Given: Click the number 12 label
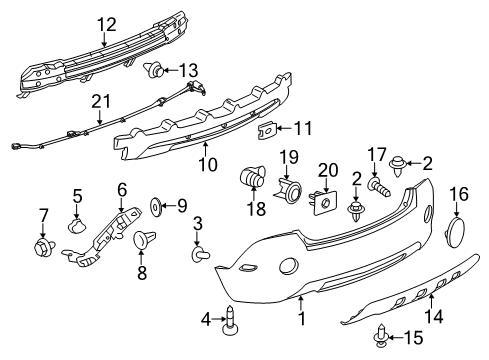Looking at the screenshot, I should coord(105,24).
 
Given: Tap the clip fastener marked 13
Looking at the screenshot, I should coord(155,70).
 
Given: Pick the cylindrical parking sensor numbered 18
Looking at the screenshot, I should coord(249,180).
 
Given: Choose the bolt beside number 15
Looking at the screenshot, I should coord(379,337).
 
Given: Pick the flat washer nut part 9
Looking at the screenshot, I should coord(156,206).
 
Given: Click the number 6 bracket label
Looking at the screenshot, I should coord(122,189).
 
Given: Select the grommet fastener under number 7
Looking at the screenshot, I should coord(43,246).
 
